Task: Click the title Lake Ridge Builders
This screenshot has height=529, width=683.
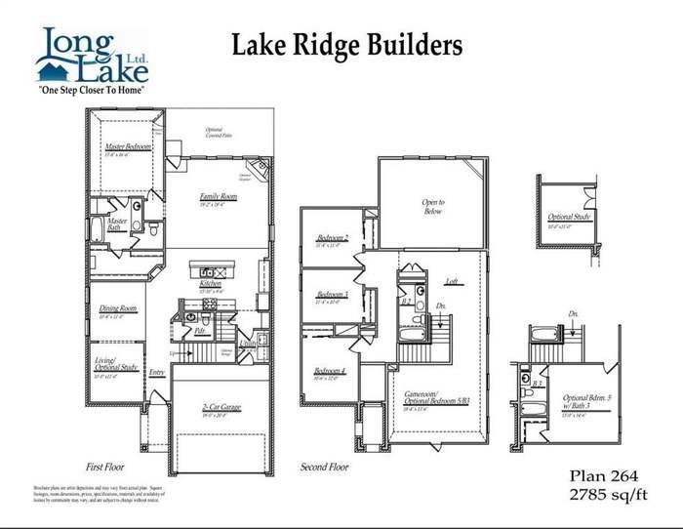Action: [x=345, y=44]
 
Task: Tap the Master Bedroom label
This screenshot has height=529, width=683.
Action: [x=127, y=147]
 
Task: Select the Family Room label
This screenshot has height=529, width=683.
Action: [x=219, y=195]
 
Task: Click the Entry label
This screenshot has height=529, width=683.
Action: [x=157, y=372]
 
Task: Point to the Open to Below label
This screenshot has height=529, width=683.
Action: [x=432, y=206]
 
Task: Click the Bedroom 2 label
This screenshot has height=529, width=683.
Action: [x=333, y=238]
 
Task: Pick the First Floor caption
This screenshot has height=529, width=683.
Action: [x=108, y=467]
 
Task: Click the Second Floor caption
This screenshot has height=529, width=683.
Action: [x=324, y=467]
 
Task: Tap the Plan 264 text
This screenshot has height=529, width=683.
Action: [x=604, y=475]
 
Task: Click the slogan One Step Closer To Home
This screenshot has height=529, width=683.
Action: [x=91, y=89]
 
